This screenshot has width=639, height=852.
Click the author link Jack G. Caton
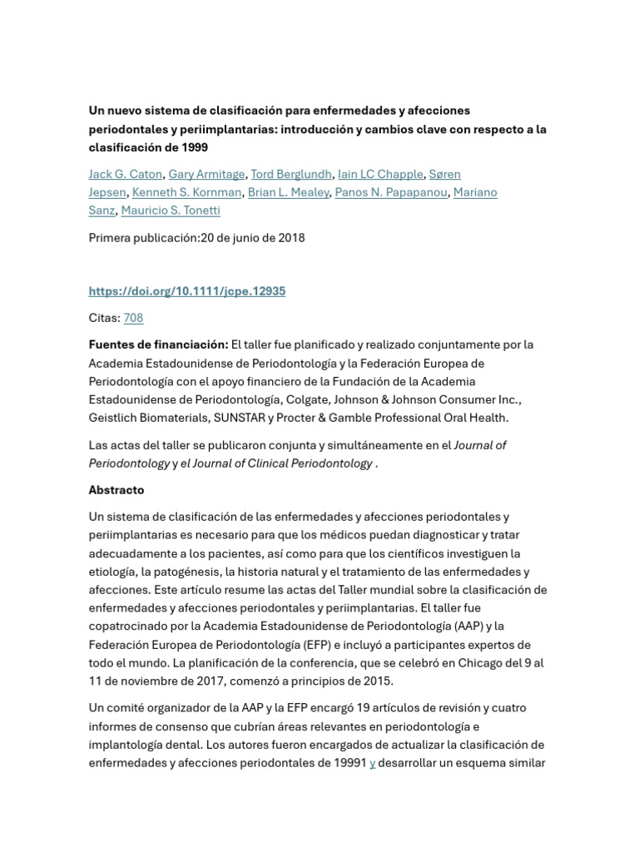click(126, 174)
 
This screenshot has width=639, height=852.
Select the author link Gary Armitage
click(206, 174)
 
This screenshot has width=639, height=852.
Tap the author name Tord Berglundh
click(291, 174)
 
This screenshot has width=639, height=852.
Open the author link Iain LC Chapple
click(380, 174)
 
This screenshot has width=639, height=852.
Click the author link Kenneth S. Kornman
click(187, 192)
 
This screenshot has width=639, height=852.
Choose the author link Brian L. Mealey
click(288, 192)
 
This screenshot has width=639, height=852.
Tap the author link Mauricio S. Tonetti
click(171, 211)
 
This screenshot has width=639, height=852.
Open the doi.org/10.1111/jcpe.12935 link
click(187, 291)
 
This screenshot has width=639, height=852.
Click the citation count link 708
click(133, 318)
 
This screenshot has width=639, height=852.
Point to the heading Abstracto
click(116, 490)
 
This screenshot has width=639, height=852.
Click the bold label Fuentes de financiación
click(158, 344)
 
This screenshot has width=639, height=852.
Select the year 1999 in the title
click(194, 147)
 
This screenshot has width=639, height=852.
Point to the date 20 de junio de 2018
click(253, 238)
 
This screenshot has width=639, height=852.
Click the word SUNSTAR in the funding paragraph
click(240, 418)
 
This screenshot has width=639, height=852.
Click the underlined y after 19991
click(373, 763)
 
